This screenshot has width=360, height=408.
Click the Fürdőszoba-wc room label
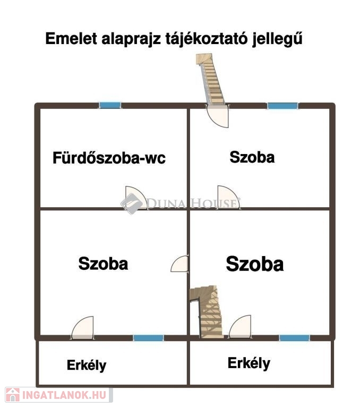(109, 158)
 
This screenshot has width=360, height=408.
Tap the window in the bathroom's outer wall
(110, 105)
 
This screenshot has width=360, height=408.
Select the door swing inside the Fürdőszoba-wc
(136, 198)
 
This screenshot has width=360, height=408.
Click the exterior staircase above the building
(210, 79)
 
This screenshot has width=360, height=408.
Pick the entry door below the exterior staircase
(218, 116)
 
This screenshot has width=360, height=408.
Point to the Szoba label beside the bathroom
(252, 157)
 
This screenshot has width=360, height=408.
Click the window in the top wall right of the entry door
(282, 106)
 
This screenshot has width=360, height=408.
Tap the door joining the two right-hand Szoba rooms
(228, 197)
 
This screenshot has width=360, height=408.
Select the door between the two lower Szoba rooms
(179, 264)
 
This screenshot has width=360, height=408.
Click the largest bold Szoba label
(255, 264)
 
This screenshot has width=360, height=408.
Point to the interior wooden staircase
(207, 312)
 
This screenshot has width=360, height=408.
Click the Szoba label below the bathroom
(103, 263)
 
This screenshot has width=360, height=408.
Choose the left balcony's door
(82, 328)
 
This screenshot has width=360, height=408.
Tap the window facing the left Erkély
(148, 338)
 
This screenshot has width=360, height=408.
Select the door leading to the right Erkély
(240, 327)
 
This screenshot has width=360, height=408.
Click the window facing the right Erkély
(295, 338)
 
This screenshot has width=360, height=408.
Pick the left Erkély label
(87, 365)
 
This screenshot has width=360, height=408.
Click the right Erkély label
(249, 363)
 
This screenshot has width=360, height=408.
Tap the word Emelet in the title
(71, 38)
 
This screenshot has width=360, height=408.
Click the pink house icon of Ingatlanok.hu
(13, 395)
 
